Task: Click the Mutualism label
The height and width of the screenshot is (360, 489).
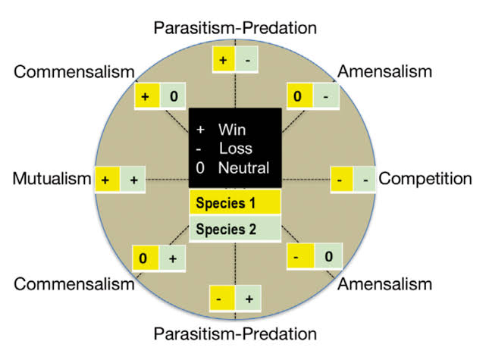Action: tap(51, 180)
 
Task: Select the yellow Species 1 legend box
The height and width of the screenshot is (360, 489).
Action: tap(235, 203)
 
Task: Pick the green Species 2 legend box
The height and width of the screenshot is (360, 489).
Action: tap(235, 228)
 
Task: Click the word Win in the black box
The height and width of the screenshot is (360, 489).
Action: tap(230, 130)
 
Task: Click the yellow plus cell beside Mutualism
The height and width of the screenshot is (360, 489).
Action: tap(107, 180)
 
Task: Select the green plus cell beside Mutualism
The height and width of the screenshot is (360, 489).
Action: tap(134, 180)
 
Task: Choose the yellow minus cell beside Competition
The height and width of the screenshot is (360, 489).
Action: tap(340, 180)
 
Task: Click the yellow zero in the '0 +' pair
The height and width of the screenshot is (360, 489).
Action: tap(145, 258)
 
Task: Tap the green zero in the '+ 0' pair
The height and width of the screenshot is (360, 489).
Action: tap(173, 97)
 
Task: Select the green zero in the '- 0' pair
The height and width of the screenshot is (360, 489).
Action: tap(328, 256)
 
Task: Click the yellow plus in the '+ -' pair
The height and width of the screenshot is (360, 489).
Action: tap(222, 58)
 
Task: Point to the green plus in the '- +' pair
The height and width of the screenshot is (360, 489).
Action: tap(249, 299)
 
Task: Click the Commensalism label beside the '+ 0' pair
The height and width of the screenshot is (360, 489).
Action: tap(74, 72)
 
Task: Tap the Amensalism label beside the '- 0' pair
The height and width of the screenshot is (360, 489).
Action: tap(384, 285)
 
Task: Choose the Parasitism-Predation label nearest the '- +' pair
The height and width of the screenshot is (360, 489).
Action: tap(234, 333)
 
